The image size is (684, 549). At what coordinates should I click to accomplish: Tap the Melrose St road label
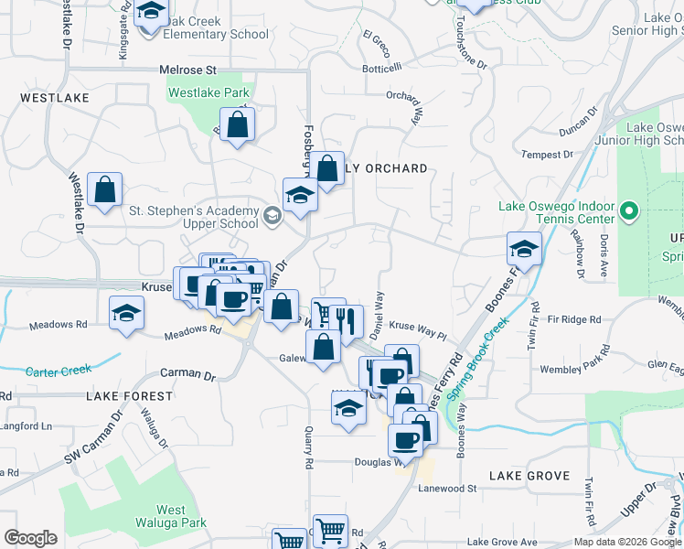[187, 70]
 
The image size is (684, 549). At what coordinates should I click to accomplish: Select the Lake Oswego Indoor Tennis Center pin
[628, 212]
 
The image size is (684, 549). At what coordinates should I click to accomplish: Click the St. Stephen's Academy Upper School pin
[272, 216]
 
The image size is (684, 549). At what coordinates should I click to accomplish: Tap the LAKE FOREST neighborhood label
[129, 396]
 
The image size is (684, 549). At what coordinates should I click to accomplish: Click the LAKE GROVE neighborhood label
[529, 476]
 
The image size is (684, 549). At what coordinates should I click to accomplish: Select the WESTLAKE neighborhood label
[57, 97]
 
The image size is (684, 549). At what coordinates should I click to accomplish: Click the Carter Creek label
[59, 371]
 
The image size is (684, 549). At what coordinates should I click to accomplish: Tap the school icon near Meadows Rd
[126, 313]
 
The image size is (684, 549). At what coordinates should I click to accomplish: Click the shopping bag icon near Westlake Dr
[105, 191]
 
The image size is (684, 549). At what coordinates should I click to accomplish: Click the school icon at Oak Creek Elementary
[152, 12]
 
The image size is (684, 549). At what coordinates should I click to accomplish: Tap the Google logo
[30, 538]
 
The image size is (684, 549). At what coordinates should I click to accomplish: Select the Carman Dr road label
[187, 375]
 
